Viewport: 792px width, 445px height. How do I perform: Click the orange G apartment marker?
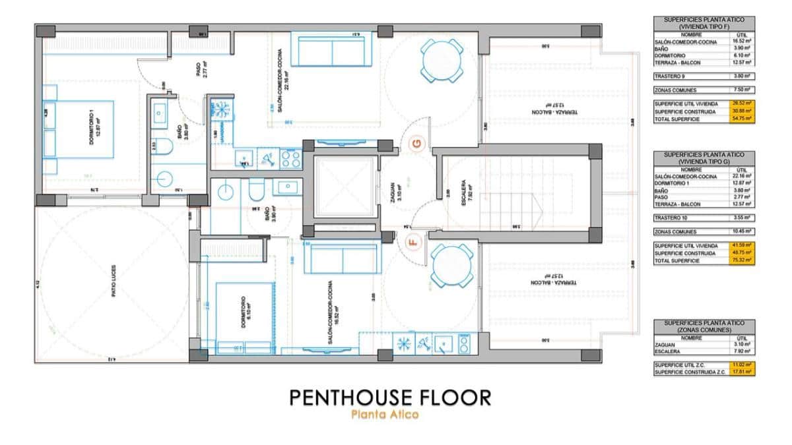point(416,143)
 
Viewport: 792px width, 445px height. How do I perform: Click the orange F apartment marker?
point(414,241)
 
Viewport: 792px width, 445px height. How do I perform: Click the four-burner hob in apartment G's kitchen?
point(291,158)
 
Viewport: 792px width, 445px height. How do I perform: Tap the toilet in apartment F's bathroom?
point(255,191)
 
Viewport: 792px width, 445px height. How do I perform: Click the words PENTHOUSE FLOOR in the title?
point(389,398)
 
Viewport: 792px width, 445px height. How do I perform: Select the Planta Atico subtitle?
point(385,415)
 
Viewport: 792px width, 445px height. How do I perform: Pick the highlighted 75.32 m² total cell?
point(742,260)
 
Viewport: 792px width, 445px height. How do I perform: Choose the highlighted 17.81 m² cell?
point(742,372)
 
